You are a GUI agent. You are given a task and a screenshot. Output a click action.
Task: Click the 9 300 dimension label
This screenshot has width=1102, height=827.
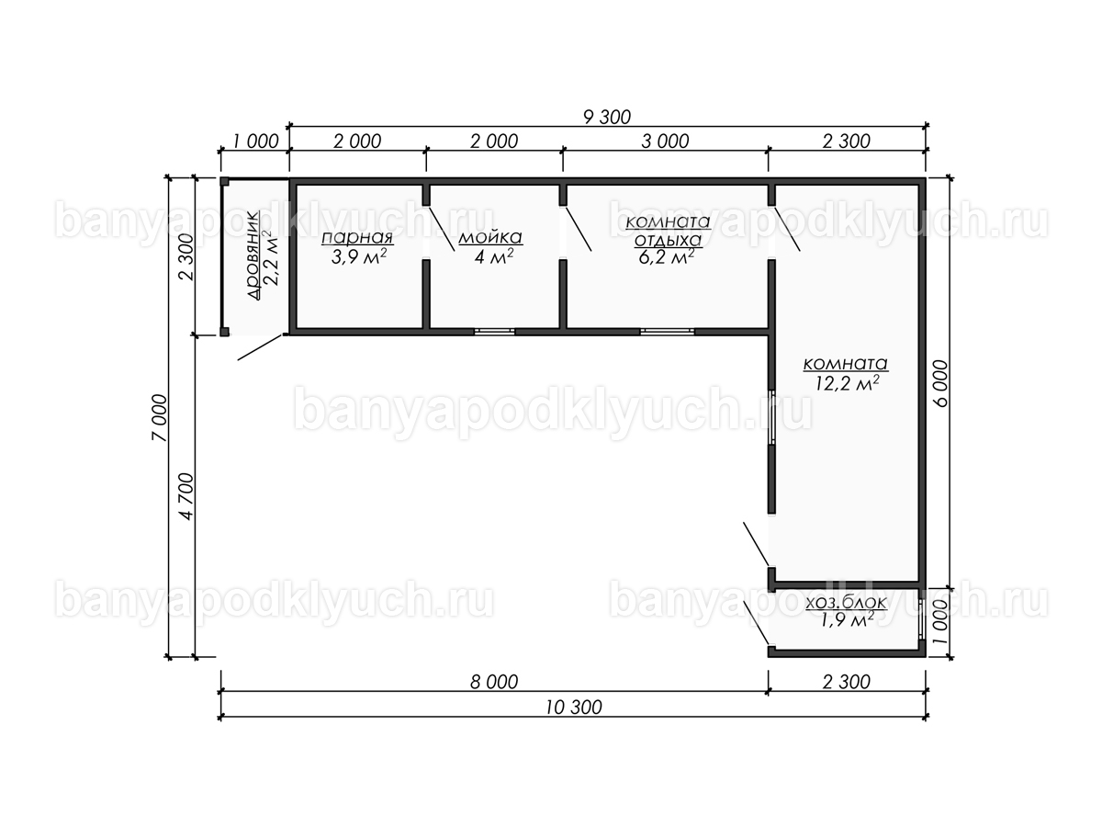(x=606, y=117)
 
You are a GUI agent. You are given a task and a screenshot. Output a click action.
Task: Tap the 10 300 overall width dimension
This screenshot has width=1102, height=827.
(x=573, y=708)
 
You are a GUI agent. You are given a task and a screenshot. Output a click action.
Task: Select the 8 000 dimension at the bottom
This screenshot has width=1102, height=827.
(x=494, y=682)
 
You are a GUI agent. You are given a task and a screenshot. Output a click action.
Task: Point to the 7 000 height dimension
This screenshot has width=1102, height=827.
(x=159, y=417)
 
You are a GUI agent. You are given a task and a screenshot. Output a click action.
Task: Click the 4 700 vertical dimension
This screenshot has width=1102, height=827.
(x=186, y=496)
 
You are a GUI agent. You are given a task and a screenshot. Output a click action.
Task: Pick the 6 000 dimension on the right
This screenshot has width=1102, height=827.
(x=942, y=383)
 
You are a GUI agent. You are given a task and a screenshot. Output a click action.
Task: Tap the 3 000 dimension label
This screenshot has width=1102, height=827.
(x=665, y=142)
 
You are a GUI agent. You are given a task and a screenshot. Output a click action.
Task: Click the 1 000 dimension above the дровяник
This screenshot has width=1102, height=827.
(x=255, y=142)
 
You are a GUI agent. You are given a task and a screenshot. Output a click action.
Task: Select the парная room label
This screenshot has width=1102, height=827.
(x=357, y=237)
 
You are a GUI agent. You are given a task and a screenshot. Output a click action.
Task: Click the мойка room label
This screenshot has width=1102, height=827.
(x=490, y=237)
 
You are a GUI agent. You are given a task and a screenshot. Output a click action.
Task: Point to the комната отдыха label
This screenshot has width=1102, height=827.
(x=668, y=231)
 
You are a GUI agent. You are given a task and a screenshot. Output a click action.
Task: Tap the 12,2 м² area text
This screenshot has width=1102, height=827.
(x=847, y=383)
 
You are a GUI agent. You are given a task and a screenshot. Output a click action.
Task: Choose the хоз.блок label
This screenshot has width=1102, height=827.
(x=847, y=603)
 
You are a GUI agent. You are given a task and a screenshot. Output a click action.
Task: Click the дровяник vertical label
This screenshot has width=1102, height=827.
(x=253, y=255)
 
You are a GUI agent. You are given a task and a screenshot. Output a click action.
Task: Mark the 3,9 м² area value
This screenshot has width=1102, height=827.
(x=358, y=256)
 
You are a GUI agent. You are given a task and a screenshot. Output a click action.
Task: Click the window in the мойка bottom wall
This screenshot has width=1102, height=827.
(x=494, y=332)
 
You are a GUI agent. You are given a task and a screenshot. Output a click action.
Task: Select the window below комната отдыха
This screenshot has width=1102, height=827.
(x=668, y=332)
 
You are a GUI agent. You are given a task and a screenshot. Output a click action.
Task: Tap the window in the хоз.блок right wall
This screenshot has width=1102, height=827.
(x=922, y=620)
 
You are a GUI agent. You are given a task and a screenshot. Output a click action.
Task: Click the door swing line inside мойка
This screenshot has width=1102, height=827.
(x=443, y=229)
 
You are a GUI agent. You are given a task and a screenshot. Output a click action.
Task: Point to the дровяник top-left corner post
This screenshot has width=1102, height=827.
(x=224, y=182)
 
